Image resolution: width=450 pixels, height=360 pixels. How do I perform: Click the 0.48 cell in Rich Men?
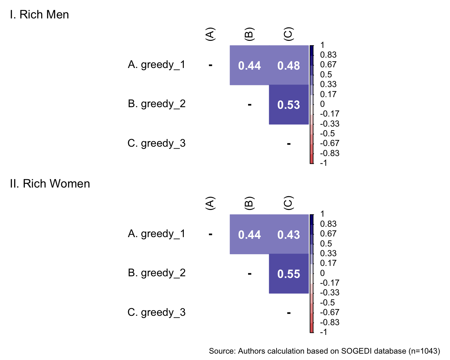[289, 65]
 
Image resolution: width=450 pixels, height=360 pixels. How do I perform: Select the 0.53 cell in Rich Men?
[289, 105]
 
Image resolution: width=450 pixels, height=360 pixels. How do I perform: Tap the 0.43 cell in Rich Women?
[289, 234]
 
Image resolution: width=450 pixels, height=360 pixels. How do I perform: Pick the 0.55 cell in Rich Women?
[289, 274]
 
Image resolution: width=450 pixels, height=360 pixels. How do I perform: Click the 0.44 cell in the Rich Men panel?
[249, 65]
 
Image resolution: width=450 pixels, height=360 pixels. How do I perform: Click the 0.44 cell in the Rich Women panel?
[249, 234]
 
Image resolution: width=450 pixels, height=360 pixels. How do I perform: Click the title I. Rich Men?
[40, 15]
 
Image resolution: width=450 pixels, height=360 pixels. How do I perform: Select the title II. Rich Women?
[50, 184]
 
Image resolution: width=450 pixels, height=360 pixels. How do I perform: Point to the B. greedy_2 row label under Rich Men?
[157, 104]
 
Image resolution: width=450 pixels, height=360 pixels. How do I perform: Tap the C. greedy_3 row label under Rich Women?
[157, 312]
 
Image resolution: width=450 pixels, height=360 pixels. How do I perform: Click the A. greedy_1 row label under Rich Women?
[157, 234]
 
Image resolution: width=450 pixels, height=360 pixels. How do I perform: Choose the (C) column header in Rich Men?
[288, 34]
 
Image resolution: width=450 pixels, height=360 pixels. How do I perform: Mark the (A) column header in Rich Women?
[210, 203]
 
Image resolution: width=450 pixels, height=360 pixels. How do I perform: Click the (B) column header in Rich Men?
[249, 34]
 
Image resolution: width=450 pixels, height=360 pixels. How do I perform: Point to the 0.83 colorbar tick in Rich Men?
[328, 55]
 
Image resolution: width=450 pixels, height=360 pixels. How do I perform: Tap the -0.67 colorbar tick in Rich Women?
[329, 312]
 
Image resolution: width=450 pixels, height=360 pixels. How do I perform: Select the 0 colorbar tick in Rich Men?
[322, 104]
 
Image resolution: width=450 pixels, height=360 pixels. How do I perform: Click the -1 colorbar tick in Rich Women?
[323, 332]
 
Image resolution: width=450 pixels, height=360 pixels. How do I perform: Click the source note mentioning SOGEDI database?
[324, 351]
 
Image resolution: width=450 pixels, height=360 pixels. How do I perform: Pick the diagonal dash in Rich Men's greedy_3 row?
[289, 144]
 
